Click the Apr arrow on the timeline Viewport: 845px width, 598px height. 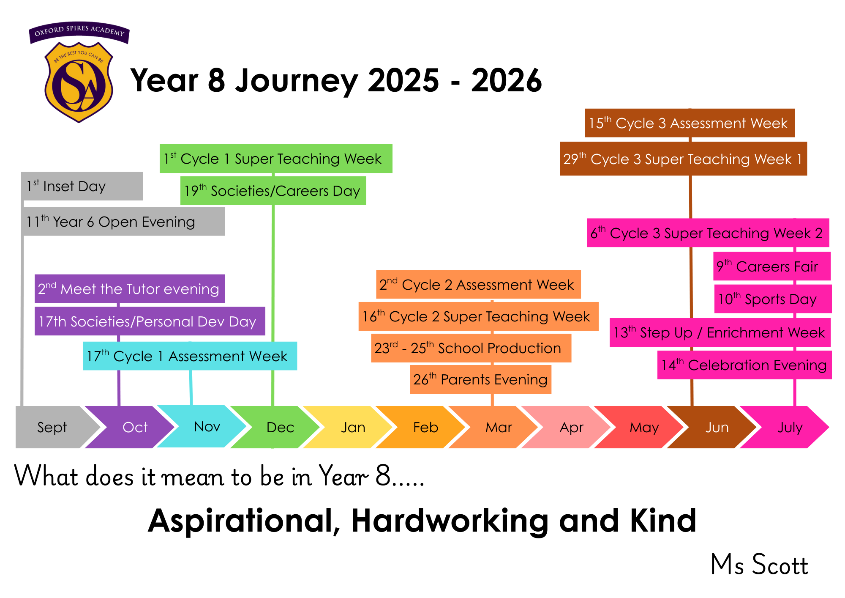[x=566, y=427]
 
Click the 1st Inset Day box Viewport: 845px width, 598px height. [x=82, y=186]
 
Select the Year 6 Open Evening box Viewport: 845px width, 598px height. [x=123, y=222]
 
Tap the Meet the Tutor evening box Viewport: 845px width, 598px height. [x=130, y=289]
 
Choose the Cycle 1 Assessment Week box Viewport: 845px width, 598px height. [x=190, y=356]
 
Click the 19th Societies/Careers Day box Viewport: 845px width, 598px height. [x=273, y=191]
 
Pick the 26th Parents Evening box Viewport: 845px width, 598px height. [x=481, y=379]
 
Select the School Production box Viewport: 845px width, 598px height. [x=471, y=348]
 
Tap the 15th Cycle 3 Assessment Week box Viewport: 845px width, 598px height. [x=690, y=123]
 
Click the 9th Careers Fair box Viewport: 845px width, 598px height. [x=772, y=266]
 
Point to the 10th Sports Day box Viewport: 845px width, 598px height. [x=773, y=299]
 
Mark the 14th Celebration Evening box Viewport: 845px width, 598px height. [x=744, y=365]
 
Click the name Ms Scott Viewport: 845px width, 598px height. [x=760, y=565]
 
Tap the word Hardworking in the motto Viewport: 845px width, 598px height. [x=450, y=521]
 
